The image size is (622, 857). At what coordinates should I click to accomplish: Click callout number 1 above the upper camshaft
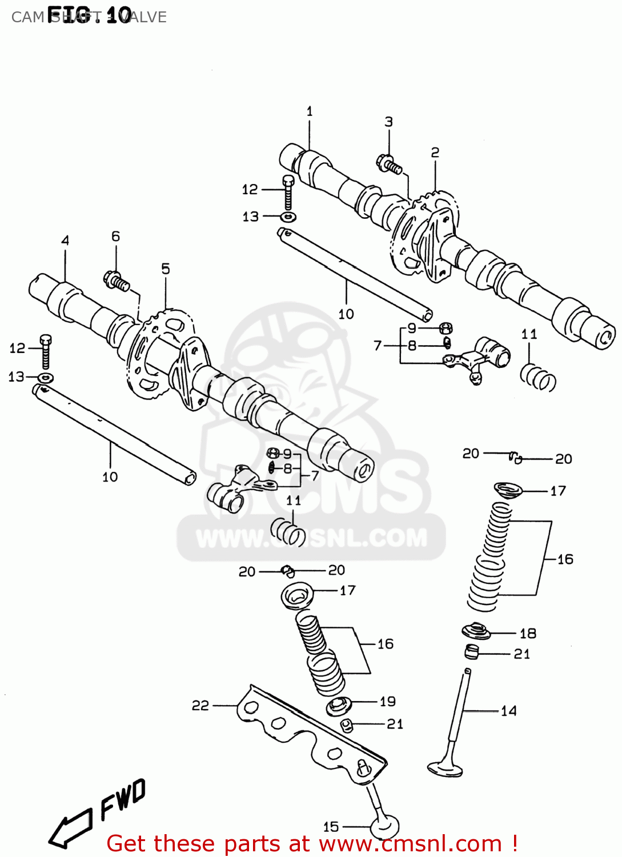click(x=310, y=111)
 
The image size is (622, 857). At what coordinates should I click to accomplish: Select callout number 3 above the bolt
click(x=388, y=122)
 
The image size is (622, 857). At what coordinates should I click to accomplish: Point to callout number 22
click(x=200, y=706)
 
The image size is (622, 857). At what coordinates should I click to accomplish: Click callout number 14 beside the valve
click(x=508, y=711)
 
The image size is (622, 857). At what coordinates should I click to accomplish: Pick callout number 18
click(x=528, y=633)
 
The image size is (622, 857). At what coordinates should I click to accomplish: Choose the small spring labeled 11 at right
click(x=538, y=378)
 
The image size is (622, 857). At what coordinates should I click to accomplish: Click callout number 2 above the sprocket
click(x=435, y=153)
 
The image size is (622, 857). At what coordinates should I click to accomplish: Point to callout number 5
click(x=166, y=269)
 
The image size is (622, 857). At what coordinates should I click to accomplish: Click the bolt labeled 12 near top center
click(x=288, y=193)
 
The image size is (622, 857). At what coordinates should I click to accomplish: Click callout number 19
click(x=387, y=701)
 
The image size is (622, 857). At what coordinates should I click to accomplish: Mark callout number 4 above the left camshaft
click(x=65, y=240)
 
